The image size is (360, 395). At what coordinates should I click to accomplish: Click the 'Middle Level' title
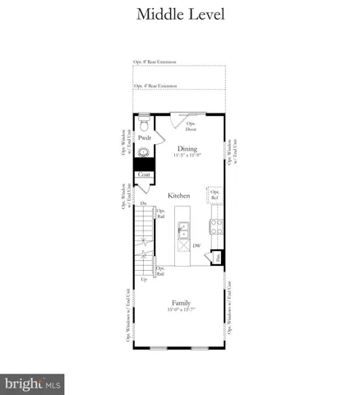[x=179, y=14]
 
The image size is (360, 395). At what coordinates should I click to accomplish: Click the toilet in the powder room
[x=144, y=126]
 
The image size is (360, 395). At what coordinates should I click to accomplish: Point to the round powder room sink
[x=145, y=152]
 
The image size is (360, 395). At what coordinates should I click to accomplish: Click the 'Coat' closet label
[x=144, y=174]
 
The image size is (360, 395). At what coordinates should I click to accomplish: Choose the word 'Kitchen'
[x=179, y=196]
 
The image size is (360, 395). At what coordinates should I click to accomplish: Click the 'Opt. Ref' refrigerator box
[x=215, y=194]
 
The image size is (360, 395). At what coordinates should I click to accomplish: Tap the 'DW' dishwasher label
[x=197, y=244]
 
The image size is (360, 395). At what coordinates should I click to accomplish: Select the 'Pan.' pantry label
[x=216, y=258]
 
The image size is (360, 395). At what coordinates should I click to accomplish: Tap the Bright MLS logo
[x=33, y=383]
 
